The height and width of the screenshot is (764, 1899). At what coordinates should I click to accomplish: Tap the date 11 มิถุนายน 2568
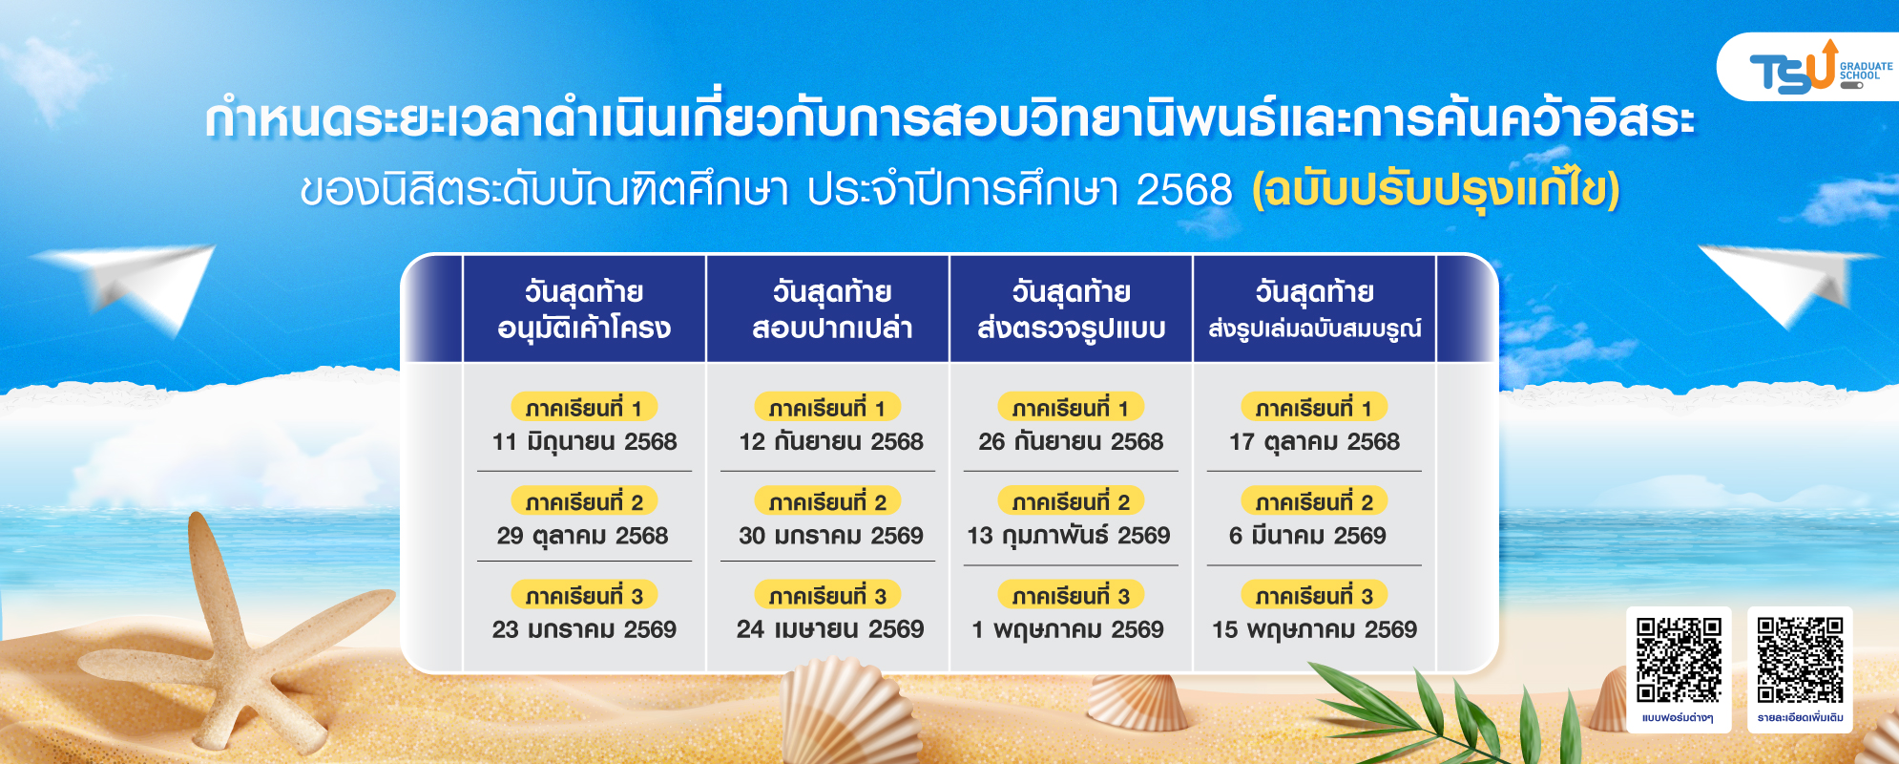tap(584, 442)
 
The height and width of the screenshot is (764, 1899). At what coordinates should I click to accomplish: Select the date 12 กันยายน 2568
tap(831, 442)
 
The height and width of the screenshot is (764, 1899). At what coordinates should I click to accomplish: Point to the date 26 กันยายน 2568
tap(1071, 442)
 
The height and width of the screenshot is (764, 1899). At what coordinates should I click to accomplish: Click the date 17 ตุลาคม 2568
tap(1314, 442)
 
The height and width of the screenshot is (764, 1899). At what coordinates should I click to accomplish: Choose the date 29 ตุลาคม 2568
tap(582, 536)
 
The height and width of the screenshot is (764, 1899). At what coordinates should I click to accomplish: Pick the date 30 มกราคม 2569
tap(831, 536)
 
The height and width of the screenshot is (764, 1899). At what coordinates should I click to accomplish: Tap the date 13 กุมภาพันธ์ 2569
tap(1069, 536)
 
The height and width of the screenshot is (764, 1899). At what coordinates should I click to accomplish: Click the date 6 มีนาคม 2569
tap(1307, 536)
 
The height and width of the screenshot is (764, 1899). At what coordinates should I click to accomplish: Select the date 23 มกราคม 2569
tap(584, 629)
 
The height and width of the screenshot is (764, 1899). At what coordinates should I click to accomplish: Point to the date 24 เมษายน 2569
tap(830, 629)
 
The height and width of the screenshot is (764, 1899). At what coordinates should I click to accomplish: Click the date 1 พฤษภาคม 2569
tap(1069, 630)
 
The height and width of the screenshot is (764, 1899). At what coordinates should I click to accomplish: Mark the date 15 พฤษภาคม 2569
tap(1314, 630)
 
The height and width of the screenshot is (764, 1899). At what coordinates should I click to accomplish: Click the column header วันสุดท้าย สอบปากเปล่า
tap(831, 309)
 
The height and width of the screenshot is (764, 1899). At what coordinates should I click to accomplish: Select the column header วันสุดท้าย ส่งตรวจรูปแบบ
tap(1071, 309)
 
